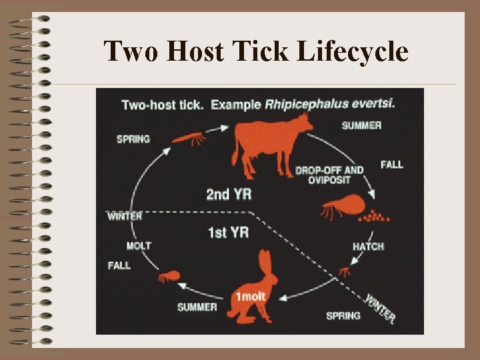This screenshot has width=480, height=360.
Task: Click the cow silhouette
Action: pyautogui.click(x=267, y=143)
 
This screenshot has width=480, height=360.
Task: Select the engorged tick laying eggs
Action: pyautogui.click(x=343, y=206)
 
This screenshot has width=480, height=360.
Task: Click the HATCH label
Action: pyautogui.click(x=368, y=247)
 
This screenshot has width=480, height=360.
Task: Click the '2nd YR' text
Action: pyautogui.click(x=229, y=195)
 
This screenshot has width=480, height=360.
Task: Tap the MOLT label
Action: pyautogui.click(x=139, y=246)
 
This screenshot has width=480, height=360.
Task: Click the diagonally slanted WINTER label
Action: pyautogui.click(x=381, y=307)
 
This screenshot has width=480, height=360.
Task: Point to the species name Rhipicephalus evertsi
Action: pyautogui.click(x=321, y=104)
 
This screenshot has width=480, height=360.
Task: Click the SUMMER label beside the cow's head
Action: pyautogui.click(x=361, y=125)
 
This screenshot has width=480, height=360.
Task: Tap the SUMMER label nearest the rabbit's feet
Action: pyautogui.click(x=197, y=307)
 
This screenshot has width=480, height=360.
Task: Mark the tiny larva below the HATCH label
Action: pyautogui.click(x=345, y=271)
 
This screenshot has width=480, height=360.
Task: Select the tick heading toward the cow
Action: pyautogui.click(x=189, y=138)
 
